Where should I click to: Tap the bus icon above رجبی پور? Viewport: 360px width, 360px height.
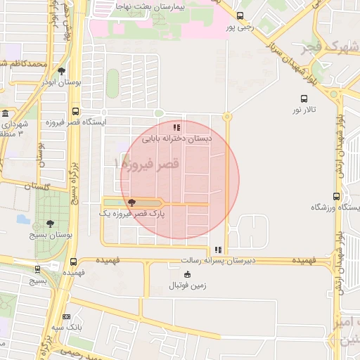[x=240, y=15]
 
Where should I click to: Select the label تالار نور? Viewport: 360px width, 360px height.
[x=305, y=110]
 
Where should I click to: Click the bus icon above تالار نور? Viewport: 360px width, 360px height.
[x=304, y=98]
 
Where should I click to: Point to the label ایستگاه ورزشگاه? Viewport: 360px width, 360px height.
[x=335, y=208]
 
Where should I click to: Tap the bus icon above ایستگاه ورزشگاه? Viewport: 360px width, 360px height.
[x=336, y=196]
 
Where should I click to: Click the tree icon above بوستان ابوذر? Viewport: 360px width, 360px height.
[x=62, y=71]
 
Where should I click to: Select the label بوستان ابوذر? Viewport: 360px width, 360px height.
[x=63, y=82]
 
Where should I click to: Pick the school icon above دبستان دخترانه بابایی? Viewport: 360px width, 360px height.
[x=177, y=127]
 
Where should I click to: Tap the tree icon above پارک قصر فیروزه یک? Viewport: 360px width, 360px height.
[x=132, y=202]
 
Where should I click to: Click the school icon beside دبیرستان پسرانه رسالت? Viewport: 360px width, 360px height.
[x=219, y=250]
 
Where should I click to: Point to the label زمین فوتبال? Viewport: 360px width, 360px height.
[x=188, y=285]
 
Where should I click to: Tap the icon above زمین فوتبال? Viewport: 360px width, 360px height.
[x=186, y=274]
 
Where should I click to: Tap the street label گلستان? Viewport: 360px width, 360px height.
[x=37, y=186]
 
